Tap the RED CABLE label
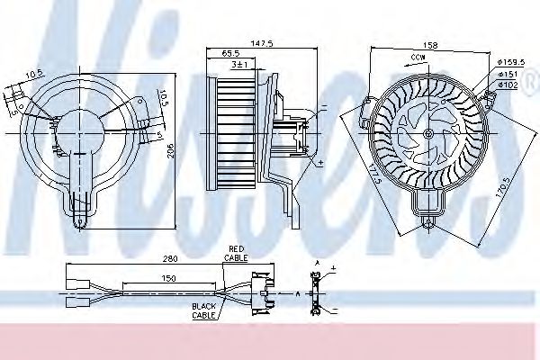pyautogui.click(x=237, y=252)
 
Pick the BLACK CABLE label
pyautogui.click(x=202, y=310)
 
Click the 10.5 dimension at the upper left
pyautogui.click(x=34, y=75)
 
